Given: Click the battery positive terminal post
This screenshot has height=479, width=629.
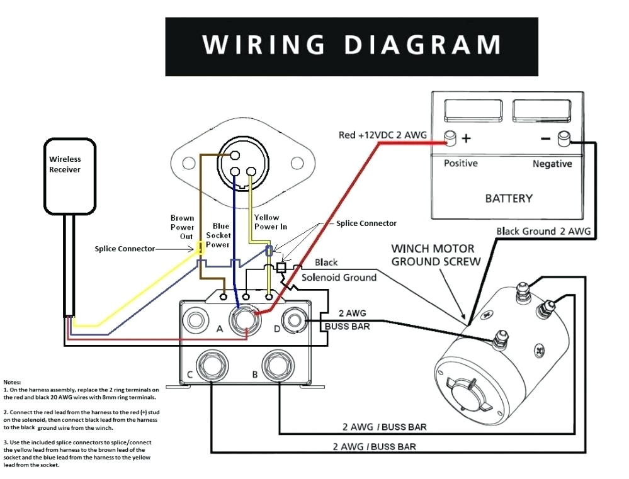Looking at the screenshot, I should (x=450, y=137).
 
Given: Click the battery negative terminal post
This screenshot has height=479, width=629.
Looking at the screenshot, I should (x=564, y=137).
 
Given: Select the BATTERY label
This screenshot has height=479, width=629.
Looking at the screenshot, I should (x=508, y=198).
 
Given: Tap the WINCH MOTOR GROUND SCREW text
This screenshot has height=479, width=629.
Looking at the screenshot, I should (x=436, y=254).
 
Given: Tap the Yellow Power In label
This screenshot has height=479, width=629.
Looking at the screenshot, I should (x=266, y=222).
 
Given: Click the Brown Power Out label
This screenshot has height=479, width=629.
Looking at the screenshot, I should (x=182, y=227).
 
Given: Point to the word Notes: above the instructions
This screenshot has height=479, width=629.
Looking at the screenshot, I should (x=12, y=382).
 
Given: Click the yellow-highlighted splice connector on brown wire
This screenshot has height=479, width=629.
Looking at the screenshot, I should (x=200, y=249).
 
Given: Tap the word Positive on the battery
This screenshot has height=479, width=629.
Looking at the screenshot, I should (x=461, y=164).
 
